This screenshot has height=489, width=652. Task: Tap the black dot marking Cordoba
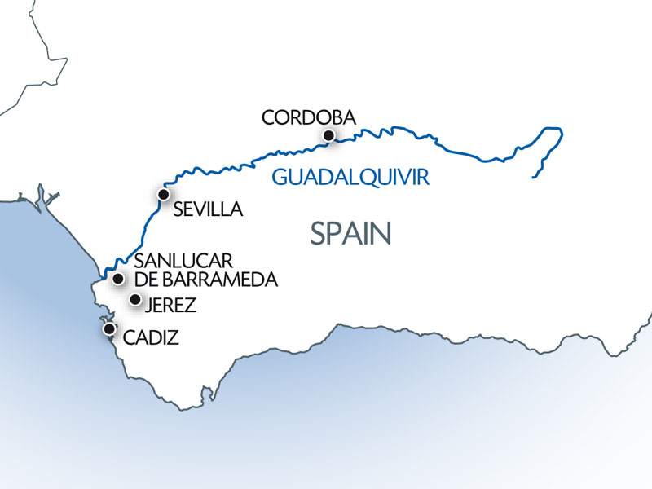click(x=328, y=135)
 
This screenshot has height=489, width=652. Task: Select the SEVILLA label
click(x=209, y=209)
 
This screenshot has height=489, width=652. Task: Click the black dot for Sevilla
click(x=163, y=195)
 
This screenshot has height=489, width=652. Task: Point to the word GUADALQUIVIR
click(x=350, y=177)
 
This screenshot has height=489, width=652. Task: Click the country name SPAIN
click(x=351, y=233)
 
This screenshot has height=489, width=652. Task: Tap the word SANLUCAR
click(x=183, y=262)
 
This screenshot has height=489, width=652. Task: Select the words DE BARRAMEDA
click(x=205, y=280)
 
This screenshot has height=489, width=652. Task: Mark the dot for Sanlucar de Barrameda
click(x=118, y=279)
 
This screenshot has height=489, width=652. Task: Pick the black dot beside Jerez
click(x=135, y=300)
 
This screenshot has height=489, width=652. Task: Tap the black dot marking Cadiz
click(x=108, y=328)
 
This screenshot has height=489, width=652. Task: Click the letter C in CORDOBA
click(x=268, y=117)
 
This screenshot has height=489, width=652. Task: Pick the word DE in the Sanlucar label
click(x=143, y=280)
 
